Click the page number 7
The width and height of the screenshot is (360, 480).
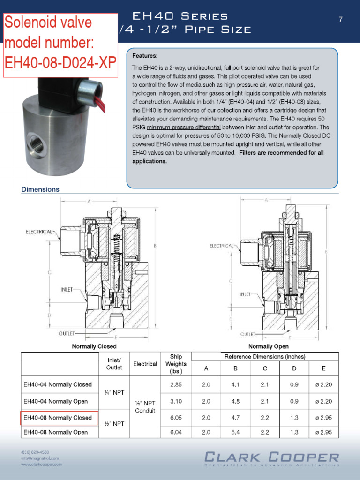tap(341, 19)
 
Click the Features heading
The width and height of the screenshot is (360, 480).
tap(145, 55)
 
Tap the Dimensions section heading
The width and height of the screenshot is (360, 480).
tap(40, 189)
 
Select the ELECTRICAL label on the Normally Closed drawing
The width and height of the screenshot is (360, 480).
tap(39, 232)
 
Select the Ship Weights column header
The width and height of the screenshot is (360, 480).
tap(176, 364)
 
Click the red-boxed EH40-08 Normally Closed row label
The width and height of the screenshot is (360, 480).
tap(58, 417)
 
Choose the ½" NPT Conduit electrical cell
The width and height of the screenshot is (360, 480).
tap(145, 407)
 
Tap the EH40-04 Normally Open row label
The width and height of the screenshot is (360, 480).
tap(55, 401)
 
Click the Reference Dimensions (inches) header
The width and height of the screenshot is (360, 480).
tap(265, 357)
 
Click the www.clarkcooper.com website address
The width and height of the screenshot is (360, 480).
tap(41, 464)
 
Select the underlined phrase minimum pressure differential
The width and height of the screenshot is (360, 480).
tap(183, 127)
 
